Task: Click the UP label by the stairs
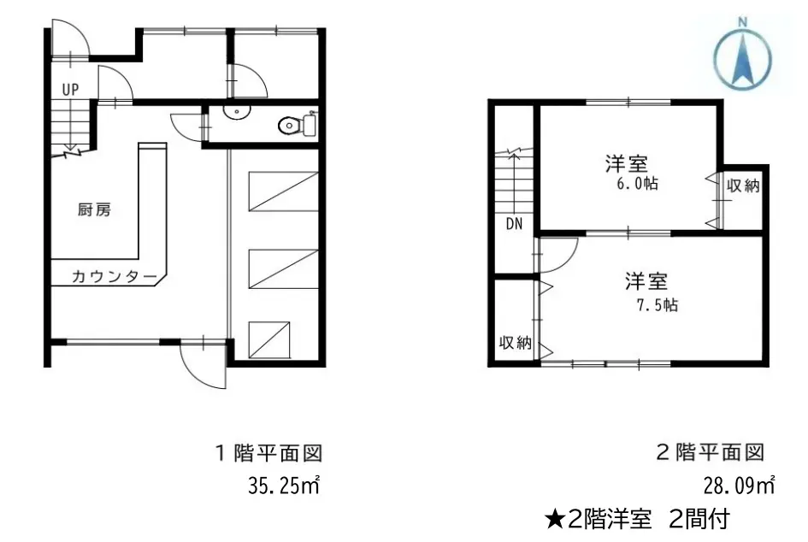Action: (71, 89)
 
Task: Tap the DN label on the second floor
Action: (514, 224)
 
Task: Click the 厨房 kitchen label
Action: (94, 209)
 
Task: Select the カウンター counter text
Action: (114, 277)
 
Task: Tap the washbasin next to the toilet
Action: (237, 111)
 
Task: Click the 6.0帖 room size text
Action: (638, 184)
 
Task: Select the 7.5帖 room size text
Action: (658, 305)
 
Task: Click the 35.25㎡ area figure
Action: (284, 486)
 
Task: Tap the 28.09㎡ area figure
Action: (740, 486)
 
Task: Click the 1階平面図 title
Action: (268, 453)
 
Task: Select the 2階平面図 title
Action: (710, 452)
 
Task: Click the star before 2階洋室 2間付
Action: (556, 519)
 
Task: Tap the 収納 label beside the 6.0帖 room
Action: (743, 185)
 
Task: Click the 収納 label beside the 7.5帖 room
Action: (516, 343)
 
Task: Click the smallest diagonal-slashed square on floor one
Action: (269, 340)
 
